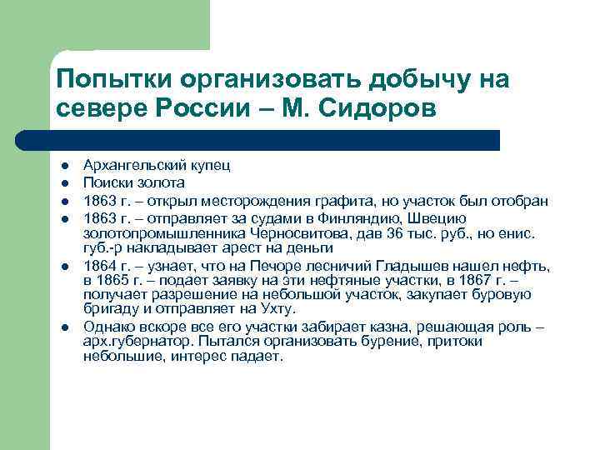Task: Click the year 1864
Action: click(x=98, y=265)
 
